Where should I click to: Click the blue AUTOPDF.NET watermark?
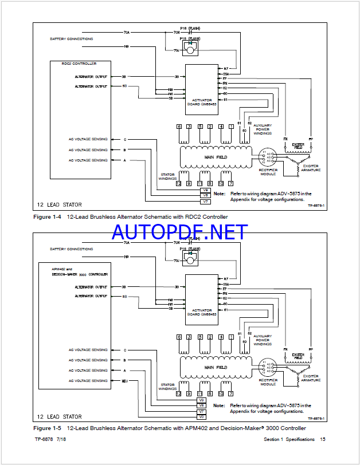[x=179, y=232]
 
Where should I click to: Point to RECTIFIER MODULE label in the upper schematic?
[x=268, y=172]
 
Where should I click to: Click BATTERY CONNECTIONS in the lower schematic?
[x=72, y=249]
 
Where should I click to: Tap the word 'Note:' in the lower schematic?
[x=219, y=405]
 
